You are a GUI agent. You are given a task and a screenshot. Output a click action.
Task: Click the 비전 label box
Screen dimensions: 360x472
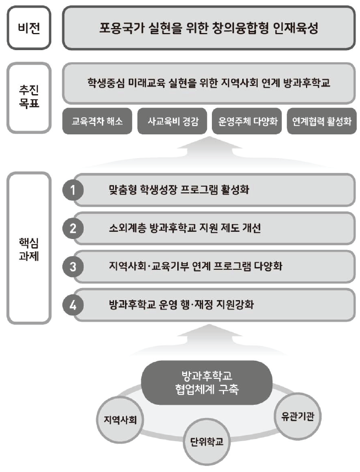pyautogui.click(x=29, y=28)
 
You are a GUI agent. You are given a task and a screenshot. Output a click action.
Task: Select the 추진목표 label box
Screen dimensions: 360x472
pyautogui.click(x=29, y=98)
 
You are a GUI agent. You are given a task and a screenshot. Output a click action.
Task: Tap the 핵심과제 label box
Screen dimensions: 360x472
pyautogui.click(x=29, y=248)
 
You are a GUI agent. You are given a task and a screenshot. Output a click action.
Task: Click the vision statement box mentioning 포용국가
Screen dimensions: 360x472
pyautogui.click(x=209, y=28)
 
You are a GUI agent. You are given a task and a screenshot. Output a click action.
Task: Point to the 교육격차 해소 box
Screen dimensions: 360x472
pyautogui.click(x=97, y=121)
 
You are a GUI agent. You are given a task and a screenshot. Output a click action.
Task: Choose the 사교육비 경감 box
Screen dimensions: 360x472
pyautogui.click(x=172, y=121)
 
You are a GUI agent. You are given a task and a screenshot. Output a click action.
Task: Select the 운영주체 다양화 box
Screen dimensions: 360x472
pyautogui.click(x=247, y=121)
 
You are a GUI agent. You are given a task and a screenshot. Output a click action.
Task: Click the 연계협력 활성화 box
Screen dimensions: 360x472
pyautogui.click(x=322, y=121)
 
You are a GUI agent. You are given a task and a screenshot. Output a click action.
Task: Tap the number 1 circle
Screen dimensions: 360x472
pyautogui.click(x=73, y=190)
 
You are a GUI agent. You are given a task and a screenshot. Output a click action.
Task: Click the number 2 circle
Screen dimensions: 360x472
pyautogui.click(x=73, y=229)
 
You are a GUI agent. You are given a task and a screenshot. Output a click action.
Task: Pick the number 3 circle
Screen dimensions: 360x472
pyautogui.click(x=73, y=267)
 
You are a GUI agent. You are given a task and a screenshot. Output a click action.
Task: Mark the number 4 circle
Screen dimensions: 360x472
pyautogui.click(x=73, y=305)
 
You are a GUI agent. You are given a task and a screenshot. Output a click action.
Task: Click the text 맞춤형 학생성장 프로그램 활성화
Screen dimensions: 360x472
pyautogui.click(x=179, y=189)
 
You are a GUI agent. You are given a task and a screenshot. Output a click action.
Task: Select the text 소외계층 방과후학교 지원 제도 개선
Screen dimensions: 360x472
pyautogui.click(x=185, y=228)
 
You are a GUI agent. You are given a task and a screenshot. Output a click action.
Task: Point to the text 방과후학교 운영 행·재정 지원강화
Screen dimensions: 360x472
pyautogui.click(x=181, y=305)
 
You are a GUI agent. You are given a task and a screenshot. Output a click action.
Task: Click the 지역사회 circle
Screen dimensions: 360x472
pyautogui.click(x=120, y=420)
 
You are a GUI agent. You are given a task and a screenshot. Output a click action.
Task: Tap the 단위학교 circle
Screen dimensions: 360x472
pyautogui.click(x=206, y=442)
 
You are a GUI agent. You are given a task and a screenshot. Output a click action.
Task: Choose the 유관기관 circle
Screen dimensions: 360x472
pyautogui.click(x=297, y=416)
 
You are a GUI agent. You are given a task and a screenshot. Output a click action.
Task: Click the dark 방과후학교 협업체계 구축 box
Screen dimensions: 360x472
pyautogui.click(x=207, y=382)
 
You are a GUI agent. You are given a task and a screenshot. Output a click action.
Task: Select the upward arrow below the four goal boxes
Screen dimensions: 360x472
pyautogui.click(x=209, y=151)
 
